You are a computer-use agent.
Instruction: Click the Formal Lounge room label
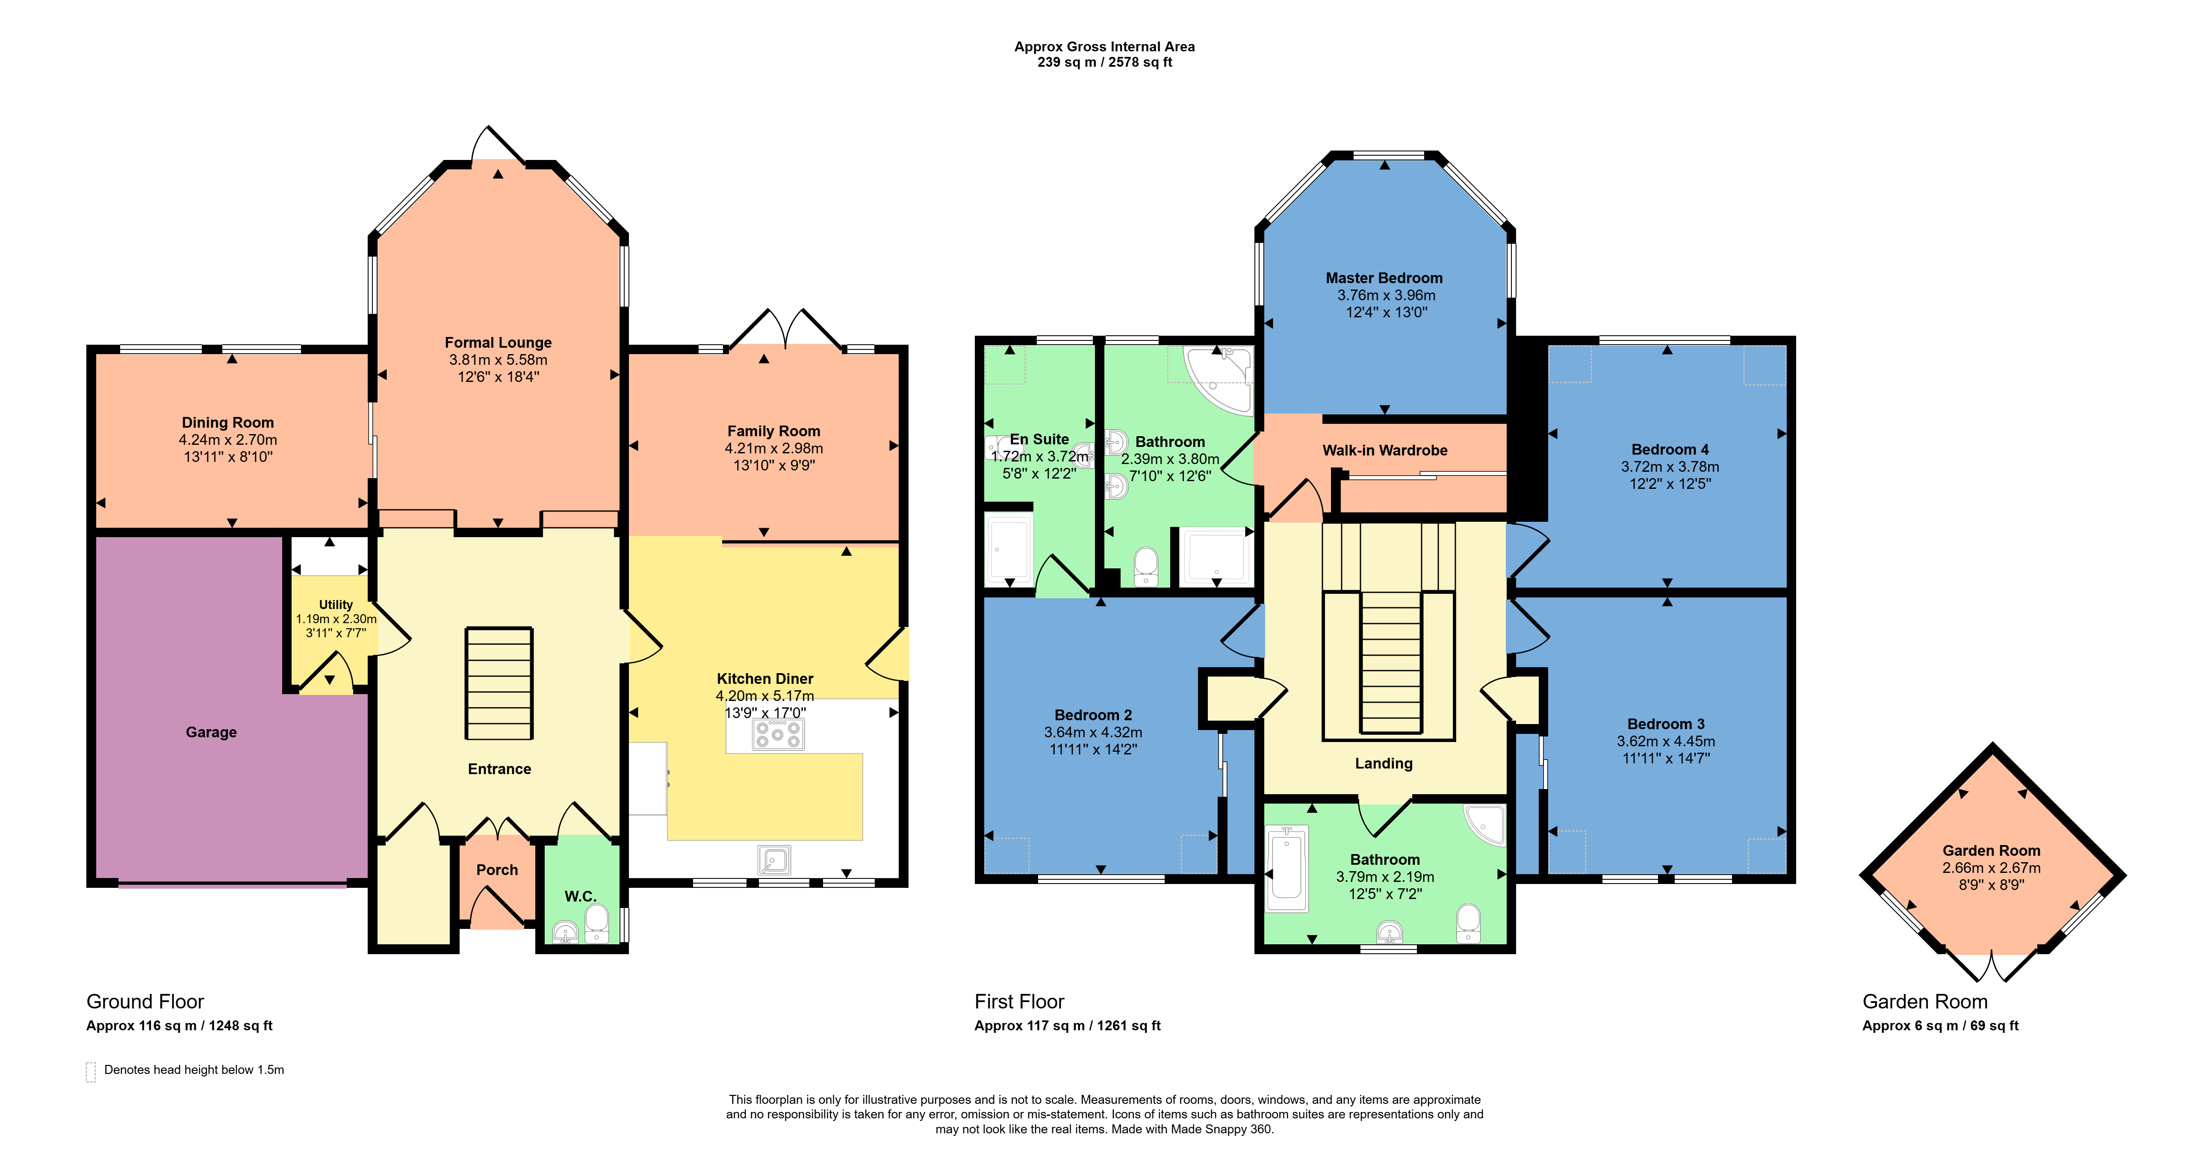point(498,343)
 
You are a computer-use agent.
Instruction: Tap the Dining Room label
point(227,422)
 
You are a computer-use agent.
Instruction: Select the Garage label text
point(211,732)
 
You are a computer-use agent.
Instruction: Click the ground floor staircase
point(499,683)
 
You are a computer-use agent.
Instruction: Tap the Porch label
point(497,869)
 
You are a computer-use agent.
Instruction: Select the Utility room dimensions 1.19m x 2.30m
point(336,619)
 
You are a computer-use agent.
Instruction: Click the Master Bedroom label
point(1384,278)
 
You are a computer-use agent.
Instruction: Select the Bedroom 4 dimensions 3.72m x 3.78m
point(1670,467)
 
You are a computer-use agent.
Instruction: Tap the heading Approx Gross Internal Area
point(1104,46)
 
